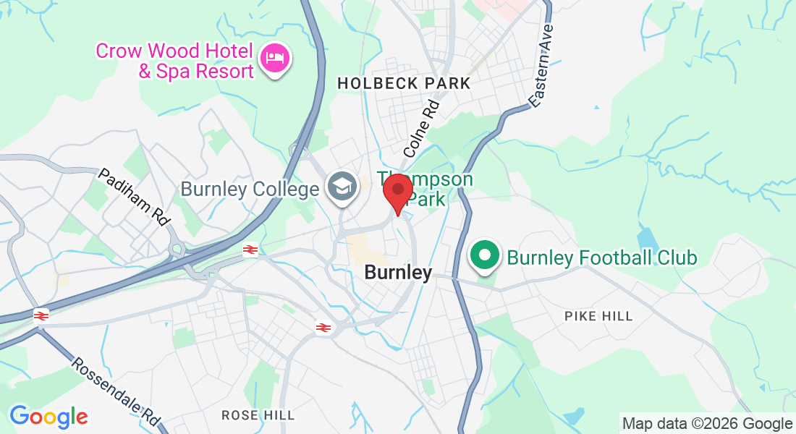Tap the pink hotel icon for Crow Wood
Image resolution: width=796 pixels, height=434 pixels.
point(274,57)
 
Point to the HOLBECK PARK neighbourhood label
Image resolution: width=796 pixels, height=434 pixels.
point(404,84)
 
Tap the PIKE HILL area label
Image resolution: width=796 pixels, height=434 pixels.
point(598,316)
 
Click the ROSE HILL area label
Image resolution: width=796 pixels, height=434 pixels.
point(258,415)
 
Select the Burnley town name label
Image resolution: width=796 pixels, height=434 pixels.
point(398,273)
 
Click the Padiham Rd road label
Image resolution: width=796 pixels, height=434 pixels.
point(132,195)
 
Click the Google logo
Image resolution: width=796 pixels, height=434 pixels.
point(48,417)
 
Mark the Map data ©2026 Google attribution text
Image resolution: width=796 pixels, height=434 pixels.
point(707,423)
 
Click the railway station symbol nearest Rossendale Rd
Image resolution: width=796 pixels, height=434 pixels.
point(41,315)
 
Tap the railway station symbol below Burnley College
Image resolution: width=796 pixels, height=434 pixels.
point(250,250)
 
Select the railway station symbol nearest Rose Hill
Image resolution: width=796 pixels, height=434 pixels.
point(323,328)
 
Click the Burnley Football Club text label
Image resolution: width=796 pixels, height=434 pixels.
point(601,258)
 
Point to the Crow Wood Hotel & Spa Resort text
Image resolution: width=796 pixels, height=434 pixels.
point(174,61)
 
